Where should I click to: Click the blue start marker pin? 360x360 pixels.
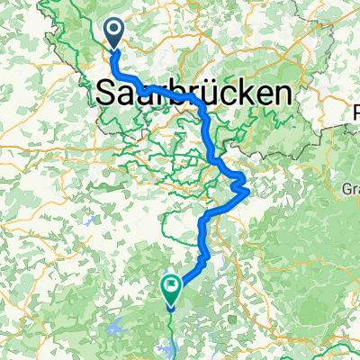pyautogui.click(x=116, y=34)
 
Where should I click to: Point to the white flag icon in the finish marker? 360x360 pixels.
pyautogui.click(x=171, y=284)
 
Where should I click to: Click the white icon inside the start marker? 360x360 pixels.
pyautogui.click(x=116, y=31)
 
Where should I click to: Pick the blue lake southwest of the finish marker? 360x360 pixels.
pyautogui.click(x=120, y=326)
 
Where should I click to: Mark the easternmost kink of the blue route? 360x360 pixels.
pyautogui.click(x=247, y=185)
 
